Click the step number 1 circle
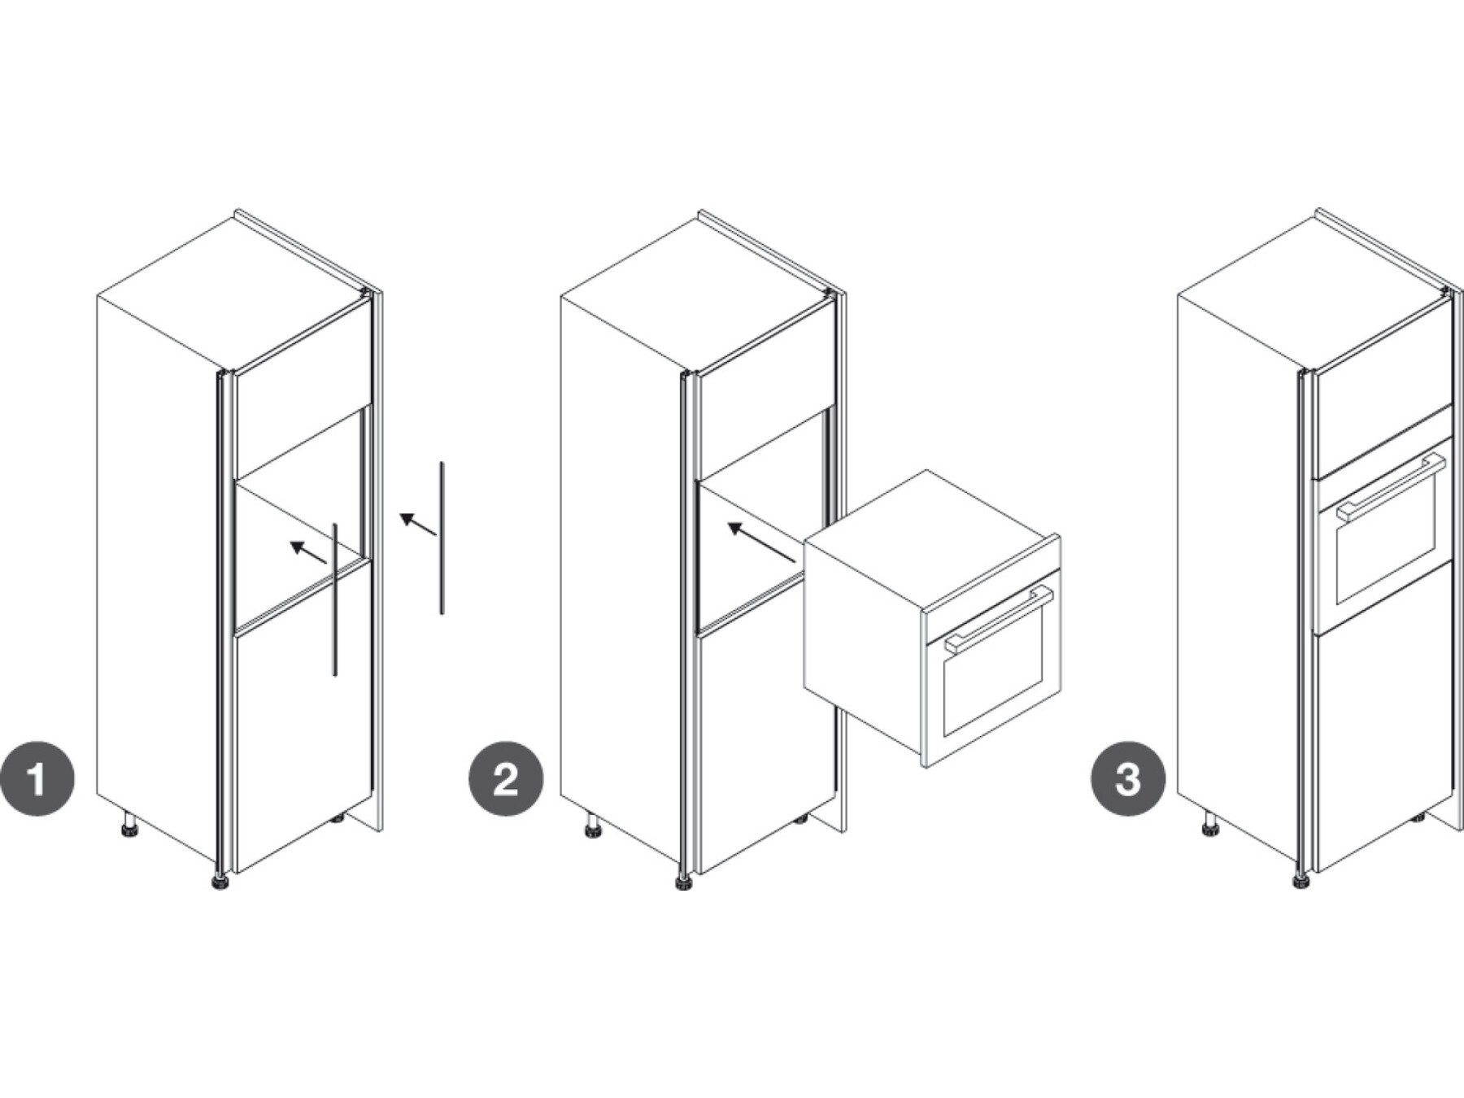(x=37, y=778)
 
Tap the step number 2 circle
(x=505, y=778)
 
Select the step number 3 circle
(x=1127, y=778)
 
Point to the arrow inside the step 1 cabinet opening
(x=308, y=552)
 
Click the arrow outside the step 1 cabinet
(x=418, y=524)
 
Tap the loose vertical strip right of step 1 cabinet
(x=442, y=538)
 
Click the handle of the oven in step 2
(x=999, y=619)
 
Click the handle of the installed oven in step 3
(x=1391, y=488)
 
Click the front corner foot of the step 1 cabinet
(x=220, y=882)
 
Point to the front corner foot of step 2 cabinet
(x=683, y=882)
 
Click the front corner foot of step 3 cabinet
(x=1301, y=882)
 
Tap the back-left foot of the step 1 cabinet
(x=129, y=825)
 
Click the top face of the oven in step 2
(x=931, y=540)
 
